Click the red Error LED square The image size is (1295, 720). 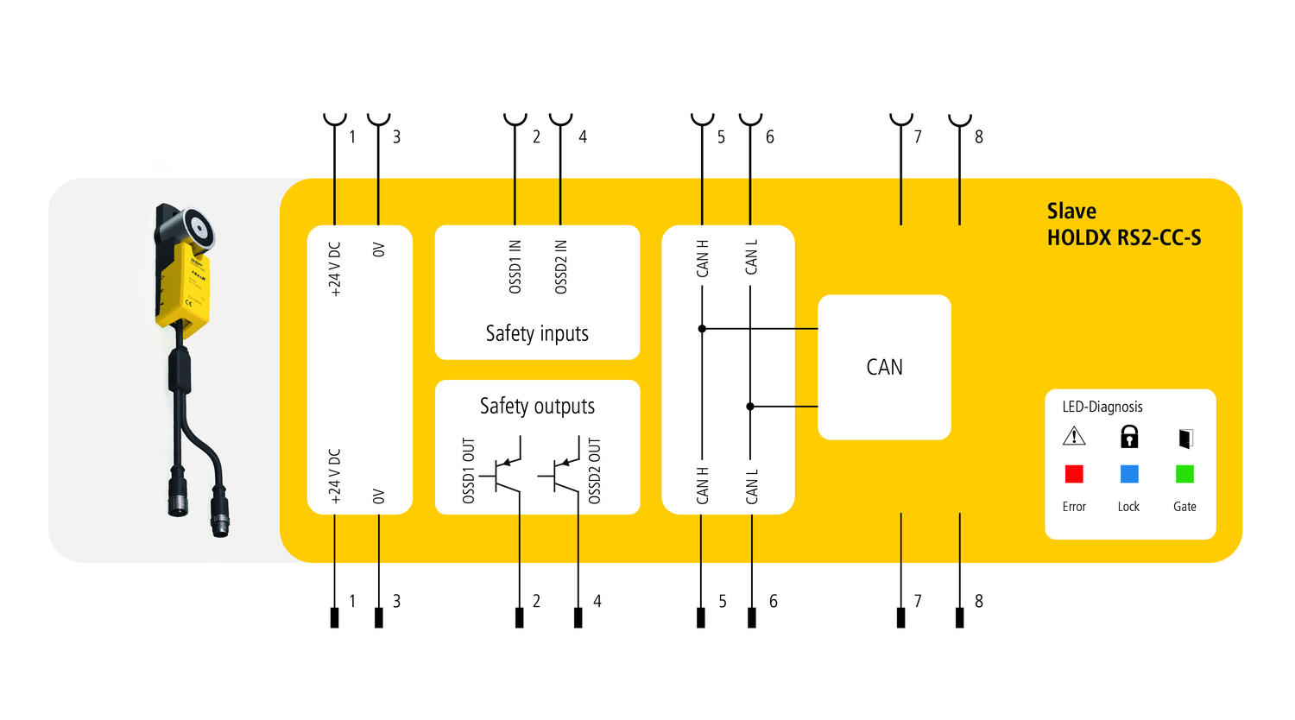pyautogui.click(x=1074, y=474)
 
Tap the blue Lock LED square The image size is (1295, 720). pyautogui.click(x=1129, y=474)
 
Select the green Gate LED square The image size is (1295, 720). pyautogui.click(x=1184, y=474)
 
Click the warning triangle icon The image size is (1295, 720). pyautogui.click(x=1074, y=436)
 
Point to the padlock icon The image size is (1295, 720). pyautogui.click(x=1129, y=437)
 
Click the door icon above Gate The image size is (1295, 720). pyautogui.click(x=1185, y=439)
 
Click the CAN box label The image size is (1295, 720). pyautogui.click(x=884, y=367)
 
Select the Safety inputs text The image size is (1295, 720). pyautogui.click(x=537, y=334)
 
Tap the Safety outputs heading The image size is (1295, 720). pyautogui.click(x=537, y=406)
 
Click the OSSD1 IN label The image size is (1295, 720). pyautogui.click(x=515, y=267)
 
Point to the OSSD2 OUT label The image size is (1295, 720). pyautogui.click(x=594, y=471)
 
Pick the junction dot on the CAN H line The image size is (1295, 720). pyautogui.click(x=702, y=329)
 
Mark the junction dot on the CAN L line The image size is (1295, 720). pyautogui.click(x=750, y=406)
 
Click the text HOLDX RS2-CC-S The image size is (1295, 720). pyautogui.click(x=1123, y=238)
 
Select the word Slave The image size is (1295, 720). pyautogui.click(x=1071, y=212)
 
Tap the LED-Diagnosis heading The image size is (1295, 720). pyautogui.click(x=1102, y=407)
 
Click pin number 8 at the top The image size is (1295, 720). pyautogui.click(x=979, y=136)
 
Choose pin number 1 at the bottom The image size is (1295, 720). pyautogui.click(x=352, y=601)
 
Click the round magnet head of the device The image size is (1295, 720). pyautogui.click(x=199, y=229)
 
